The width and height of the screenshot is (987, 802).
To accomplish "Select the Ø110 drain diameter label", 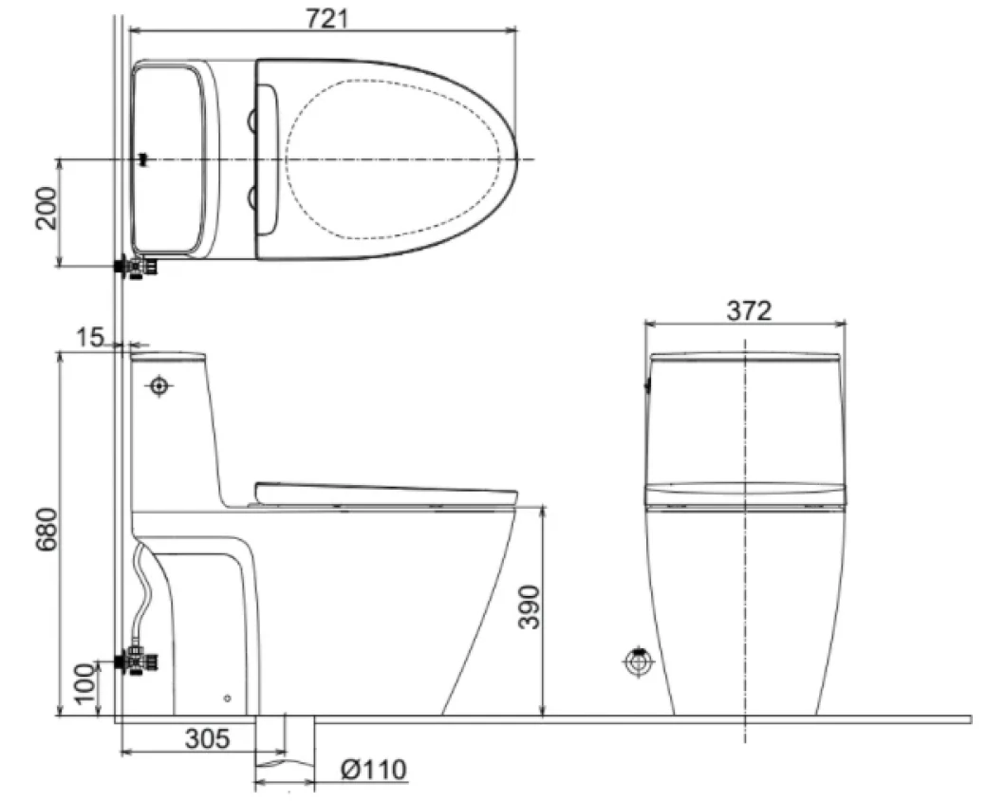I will (x=373, y=769).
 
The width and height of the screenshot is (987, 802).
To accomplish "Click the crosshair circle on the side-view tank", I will (x=158, y=386).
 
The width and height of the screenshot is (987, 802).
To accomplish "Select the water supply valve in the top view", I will (x=137, y=268).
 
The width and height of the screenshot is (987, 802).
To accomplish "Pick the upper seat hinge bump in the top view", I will (x=254, y=119).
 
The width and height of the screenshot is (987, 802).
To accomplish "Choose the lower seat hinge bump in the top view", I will (x=254, y=196).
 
